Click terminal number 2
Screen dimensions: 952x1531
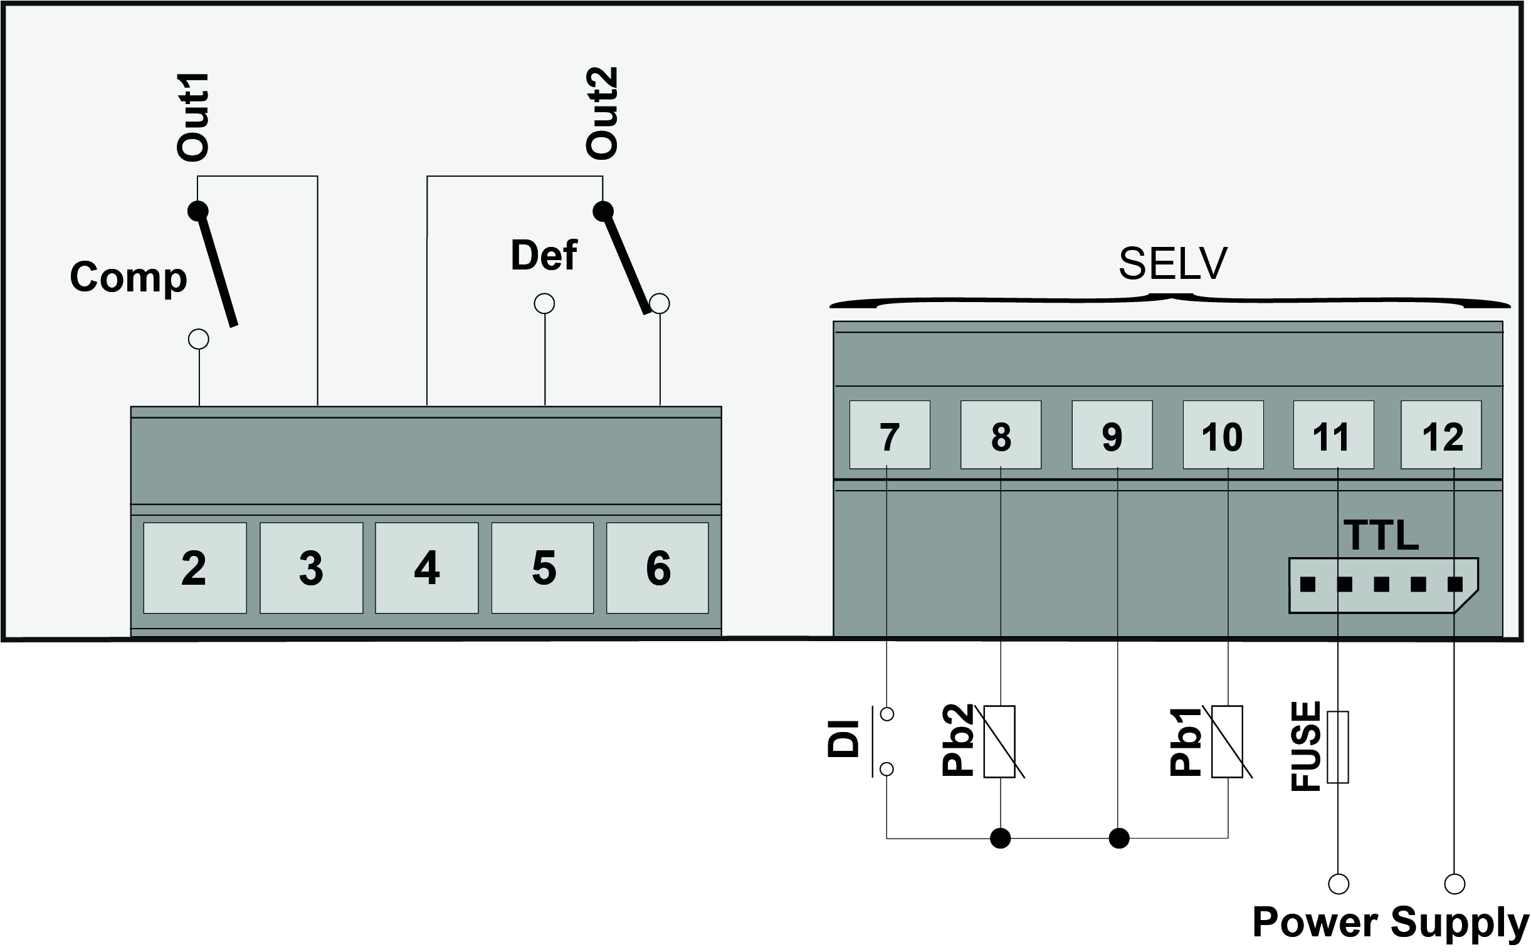coord(194,567)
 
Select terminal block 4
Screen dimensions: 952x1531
coord(426,567)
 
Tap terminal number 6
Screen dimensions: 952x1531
coord(658,567)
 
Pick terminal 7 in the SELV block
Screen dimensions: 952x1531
coord(889,435)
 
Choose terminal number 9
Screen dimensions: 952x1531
coord(1112,435)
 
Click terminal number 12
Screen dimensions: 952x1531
coord(1441,435)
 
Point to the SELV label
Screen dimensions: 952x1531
coord(1172,264)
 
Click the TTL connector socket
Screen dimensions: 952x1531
coord(1383,585)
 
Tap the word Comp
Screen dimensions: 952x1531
coord(129,277)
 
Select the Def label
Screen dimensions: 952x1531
coord(544,255)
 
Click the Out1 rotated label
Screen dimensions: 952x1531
coord(192,117)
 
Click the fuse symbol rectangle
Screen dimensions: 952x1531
coord(1338,747)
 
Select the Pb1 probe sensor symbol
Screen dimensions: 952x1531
coord(1228,741)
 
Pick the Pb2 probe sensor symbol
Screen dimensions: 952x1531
coord(999,741)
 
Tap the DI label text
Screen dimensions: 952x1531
coord(843,739)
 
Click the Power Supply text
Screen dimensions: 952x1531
coord(1391,923)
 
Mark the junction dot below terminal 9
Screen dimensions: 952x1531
coord(1118,838)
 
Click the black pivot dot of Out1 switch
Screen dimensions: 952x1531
coord(198,211)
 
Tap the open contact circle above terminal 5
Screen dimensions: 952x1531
coord(544,304)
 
